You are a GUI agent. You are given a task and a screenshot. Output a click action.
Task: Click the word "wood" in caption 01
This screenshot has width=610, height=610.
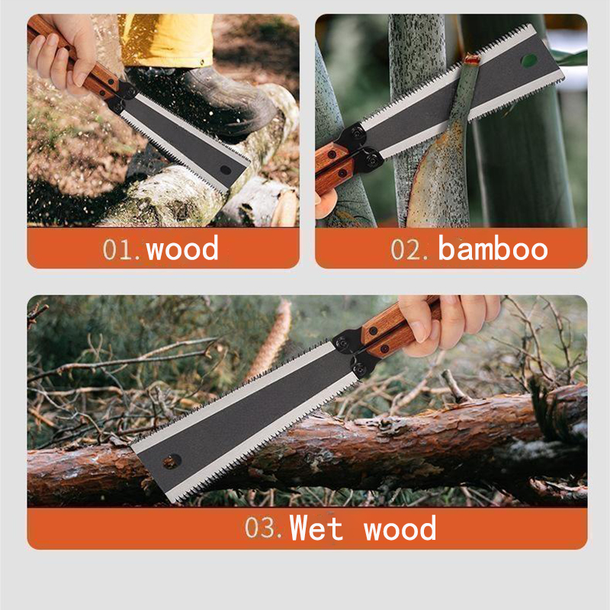[x=182, y=249]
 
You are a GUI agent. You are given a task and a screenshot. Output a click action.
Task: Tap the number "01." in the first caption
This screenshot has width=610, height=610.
[x=122, y=249]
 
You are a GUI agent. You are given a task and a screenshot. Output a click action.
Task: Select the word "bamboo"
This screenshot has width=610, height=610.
[x=493, y=249]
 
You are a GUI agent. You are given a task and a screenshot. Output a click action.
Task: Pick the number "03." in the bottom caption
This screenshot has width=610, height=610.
[x=264, y=528]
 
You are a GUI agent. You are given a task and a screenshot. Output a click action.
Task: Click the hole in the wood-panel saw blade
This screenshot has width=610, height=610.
[x=225, y=169]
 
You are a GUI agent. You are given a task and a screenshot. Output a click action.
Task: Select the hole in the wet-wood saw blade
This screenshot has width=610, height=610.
[x=171, y=461]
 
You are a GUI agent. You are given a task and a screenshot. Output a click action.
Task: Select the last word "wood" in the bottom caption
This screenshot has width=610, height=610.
[x=400, y=528]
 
